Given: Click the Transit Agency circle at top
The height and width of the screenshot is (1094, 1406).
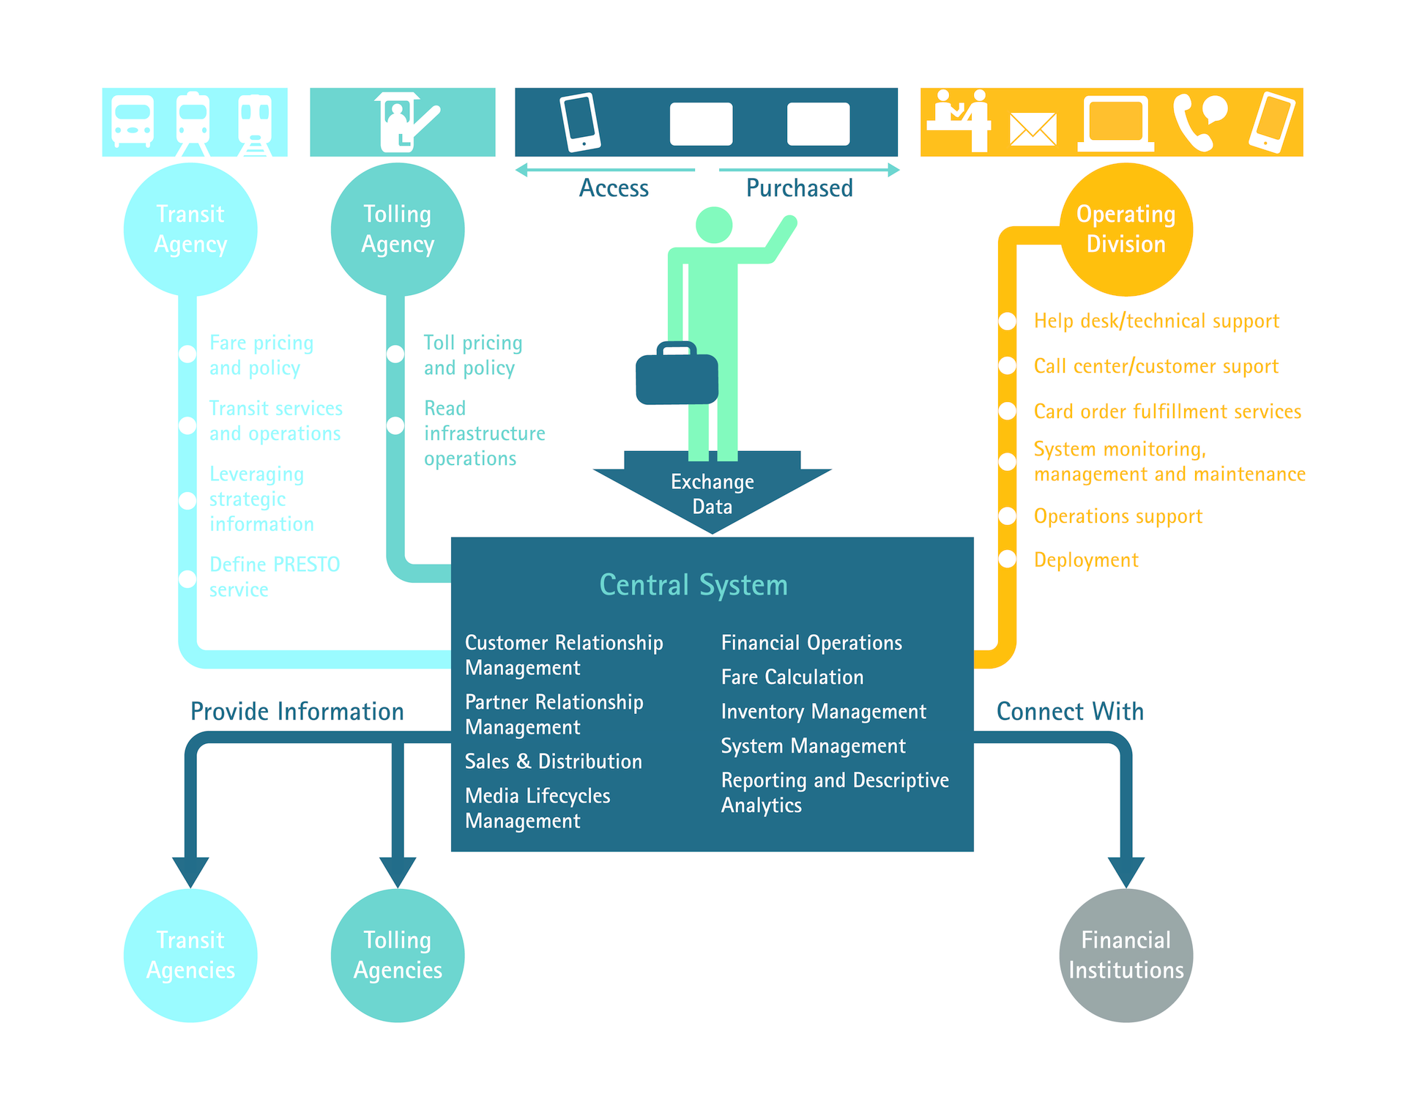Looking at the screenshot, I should coord(190,229).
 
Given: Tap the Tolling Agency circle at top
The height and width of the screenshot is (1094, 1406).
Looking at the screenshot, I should coord(398,229).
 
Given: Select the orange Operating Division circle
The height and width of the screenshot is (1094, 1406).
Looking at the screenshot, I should coord(1126,229).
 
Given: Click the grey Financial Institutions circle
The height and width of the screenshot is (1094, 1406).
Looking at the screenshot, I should coord(1126,955).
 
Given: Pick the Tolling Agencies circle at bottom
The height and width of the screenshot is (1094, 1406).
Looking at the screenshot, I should coord(398,955).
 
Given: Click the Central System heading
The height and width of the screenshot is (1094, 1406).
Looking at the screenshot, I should coord(693,585).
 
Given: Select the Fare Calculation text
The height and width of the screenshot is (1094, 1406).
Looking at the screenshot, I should coord(792,677).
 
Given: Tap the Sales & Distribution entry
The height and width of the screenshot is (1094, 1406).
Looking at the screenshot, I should coord(553,762).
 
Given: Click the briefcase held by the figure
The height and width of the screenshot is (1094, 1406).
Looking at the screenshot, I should coord(677,376).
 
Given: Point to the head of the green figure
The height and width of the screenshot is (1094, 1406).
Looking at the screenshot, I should coord(713,225).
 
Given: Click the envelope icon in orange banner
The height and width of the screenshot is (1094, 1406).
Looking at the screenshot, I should coord(1033,130).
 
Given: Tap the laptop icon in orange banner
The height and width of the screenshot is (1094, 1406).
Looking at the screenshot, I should coord(1115,124).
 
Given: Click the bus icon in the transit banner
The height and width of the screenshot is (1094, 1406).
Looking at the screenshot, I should coord(133,122).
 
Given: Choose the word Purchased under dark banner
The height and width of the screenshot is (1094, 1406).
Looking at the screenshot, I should coord(799,189).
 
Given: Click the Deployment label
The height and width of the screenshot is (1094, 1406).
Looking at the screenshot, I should coord(1086,560).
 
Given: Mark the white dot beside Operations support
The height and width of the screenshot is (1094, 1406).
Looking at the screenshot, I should coord(1008,516).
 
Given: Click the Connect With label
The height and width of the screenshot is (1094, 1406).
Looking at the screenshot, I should coord(1070,712).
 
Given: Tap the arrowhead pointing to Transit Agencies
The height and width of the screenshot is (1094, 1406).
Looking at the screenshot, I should coord(190,871).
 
